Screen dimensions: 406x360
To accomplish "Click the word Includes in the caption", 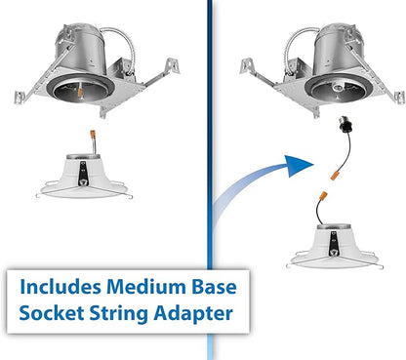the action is tap(61, 287).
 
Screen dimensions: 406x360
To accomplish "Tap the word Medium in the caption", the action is tap(146, 287).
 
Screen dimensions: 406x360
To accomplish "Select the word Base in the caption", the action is tap(214, 287).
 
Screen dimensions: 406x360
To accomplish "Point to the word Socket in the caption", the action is tap(52, 312).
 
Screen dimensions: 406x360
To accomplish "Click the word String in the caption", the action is tap(119, 314).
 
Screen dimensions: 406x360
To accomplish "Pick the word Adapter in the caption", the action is tap(193, 314).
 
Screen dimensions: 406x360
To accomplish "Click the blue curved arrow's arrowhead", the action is tap(299, 165).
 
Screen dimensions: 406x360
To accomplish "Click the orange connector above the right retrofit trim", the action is tap(323, 196).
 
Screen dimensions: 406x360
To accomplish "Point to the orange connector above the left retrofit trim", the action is tap(93, 135).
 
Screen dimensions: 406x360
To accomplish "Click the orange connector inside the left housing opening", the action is tap(80, 91).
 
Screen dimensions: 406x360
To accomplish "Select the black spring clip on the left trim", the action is tap(83, 174).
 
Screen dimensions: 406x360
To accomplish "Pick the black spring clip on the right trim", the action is tap(333, 244).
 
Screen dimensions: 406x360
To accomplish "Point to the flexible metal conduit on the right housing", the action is tap(297, 46).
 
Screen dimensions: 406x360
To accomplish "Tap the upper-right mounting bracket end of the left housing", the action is tap(172, 66).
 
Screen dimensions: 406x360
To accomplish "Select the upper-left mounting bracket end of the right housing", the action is tap(247, 66).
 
